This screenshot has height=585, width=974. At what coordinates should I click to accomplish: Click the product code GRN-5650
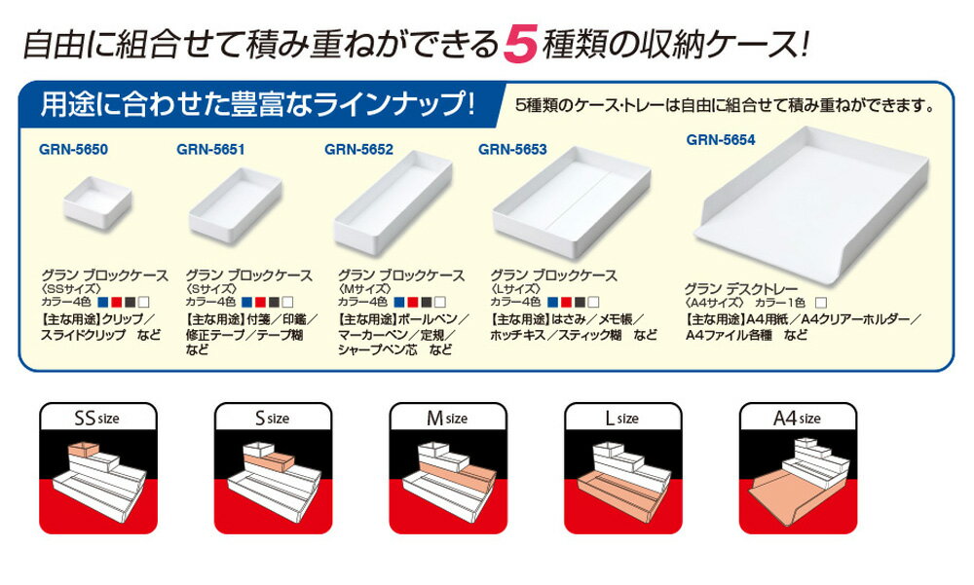tap(73, 150)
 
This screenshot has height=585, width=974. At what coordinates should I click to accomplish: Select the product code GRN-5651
tap(210, 150)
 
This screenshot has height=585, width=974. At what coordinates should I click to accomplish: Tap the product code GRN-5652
tap(359, 150)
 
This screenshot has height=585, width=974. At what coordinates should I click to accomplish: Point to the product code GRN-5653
tap(512, 150)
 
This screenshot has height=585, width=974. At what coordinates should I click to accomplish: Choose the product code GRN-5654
tap(721, 140)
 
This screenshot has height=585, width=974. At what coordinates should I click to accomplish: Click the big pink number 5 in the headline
tap(520, 44)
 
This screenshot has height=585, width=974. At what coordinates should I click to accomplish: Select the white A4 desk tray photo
tap(813, 205)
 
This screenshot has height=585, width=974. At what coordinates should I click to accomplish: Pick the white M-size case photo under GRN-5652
tap(393, 201)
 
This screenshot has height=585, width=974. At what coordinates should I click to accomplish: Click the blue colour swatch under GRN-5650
tap(103, 303)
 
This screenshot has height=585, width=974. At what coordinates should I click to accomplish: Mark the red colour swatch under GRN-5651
tap(261, 303)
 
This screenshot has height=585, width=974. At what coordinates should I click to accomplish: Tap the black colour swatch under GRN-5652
tap(427, 303)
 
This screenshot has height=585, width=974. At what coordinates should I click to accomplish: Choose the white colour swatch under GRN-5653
tap(593, 303)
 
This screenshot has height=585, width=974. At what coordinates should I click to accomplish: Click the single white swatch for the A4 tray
tap(821, 303)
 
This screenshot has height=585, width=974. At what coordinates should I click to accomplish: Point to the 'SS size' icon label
tap(96, 419)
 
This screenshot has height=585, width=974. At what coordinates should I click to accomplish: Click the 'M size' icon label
tap(447, 419)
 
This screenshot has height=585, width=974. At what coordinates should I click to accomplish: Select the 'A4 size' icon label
tap(797, 419)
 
